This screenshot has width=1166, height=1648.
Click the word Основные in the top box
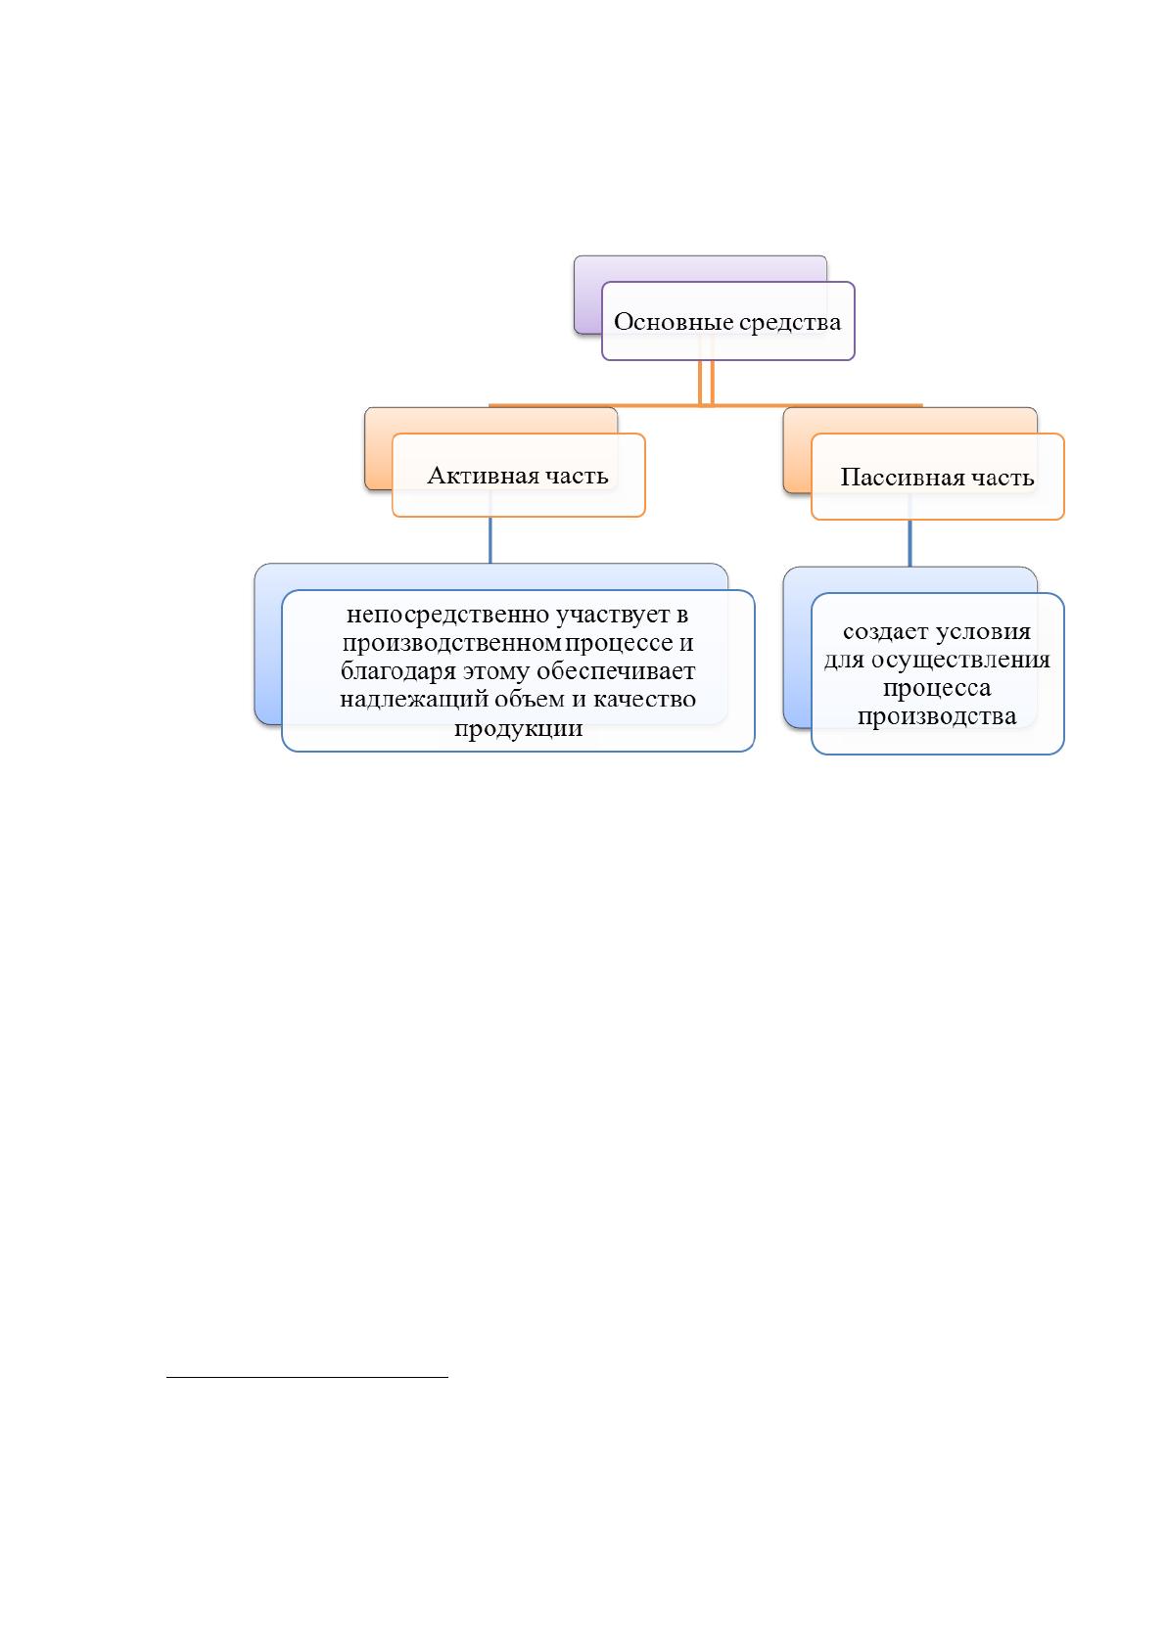pyautogui.click(x=673, y=322)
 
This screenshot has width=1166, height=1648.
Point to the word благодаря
pyautogui.click(x=398, y=672)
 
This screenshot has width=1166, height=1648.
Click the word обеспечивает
pyautogui.click(x=616, y=672)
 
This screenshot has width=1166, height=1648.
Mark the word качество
pyautogui.click(x=644, y=700)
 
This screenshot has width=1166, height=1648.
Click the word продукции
pyautogui.click(x=518, y=729)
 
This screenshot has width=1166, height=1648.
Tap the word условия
pyautogui.click(x=983, y=632)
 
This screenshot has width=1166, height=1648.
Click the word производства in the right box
pyautogui.click(x=936, y=717)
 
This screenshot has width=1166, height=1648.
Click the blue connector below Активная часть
pyautogui.click(x=490, y=540)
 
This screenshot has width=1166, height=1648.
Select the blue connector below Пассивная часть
pyautogui.click(x=909, y=543)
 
